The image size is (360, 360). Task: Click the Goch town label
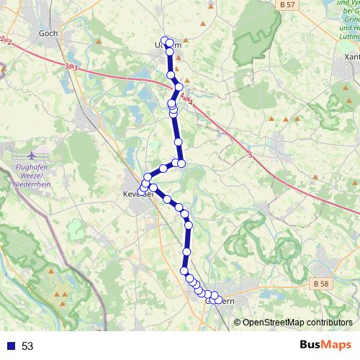49,33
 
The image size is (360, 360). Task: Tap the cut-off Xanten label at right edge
352,55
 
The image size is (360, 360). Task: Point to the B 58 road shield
321,285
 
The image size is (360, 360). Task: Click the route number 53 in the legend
27,346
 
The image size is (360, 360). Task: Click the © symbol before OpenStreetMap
238,322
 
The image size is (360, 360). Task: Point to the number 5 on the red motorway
250,155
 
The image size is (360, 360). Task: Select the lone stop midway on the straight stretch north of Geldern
186,251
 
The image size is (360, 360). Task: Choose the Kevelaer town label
137,192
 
